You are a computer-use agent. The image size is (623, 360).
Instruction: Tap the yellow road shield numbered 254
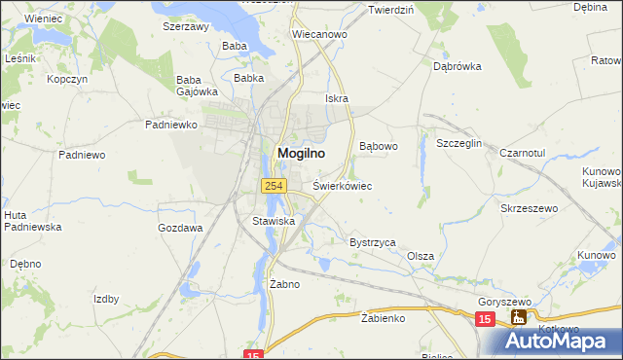272,185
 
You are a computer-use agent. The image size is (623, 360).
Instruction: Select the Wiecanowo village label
319,34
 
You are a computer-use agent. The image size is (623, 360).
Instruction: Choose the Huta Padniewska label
32,221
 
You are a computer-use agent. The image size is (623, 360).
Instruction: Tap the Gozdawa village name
180,228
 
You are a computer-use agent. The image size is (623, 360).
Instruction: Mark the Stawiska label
274,222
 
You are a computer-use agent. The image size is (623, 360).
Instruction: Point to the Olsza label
421,256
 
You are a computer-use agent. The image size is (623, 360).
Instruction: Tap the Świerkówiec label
343,185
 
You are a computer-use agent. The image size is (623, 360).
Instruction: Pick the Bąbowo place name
380,147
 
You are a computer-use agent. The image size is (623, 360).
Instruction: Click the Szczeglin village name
459,143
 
